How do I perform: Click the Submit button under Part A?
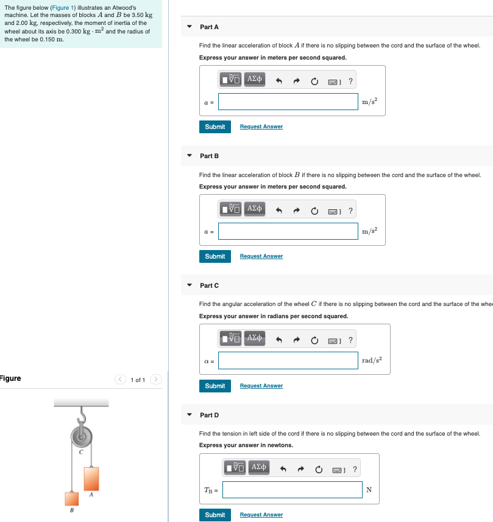(215, 127)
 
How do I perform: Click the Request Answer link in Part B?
(261, 256)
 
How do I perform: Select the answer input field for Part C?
(288, 361)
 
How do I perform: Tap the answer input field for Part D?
(293, 490)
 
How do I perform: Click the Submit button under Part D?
(215, 515)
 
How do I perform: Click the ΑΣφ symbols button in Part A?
(255, 79)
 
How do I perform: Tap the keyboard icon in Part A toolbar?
(333, 82)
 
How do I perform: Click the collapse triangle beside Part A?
(190, 27)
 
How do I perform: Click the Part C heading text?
(209, 285)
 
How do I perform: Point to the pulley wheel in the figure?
(82, 436)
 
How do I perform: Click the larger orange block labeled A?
(91, 478)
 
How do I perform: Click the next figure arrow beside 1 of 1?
(156, 380)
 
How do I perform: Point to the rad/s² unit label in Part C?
(371, 361)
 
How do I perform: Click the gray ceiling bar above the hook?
(81, 403)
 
